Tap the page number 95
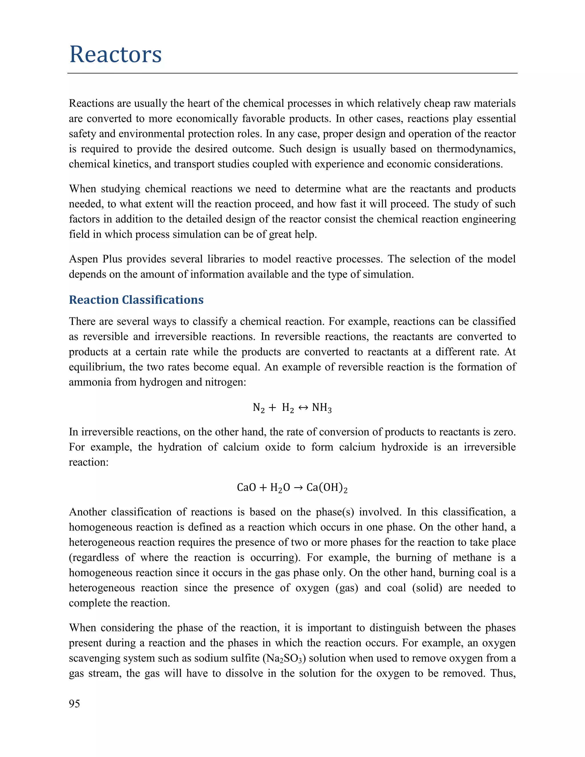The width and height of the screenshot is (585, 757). coord(74,703)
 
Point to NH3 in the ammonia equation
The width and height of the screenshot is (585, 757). coord(322,408)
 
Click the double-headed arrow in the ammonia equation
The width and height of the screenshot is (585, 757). coord(303,408)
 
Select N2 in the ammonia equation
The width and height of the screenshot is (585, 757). coord(259,408)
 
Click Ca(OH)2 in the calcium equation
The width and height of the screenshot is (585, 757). coord(326,488)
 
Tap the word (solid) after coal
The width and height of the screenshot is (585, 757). coord(427,588)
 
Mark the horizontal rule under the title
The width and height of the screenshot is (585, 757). coord(292,73)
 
